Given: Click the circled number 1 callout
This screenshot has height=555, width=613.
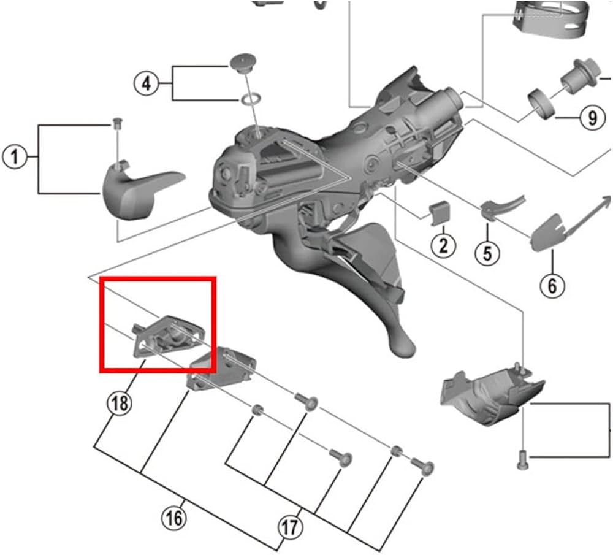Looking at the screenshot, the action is tap(15, 157).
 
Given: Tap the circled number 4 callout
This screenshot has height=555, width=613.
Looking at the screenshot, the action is tap(147, 83).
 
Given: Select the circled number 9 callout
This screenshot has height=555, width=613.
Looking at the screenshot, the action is tap(593, 118).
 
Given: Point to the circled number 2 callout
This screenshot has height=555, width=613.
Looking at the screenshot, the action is tap(443, 246).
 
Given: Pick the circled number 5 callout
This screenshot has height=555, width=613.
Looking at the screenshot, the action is tap(487, 253).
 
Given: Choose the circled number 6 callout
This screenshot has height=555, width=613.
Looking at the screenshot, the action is tap(552, 286).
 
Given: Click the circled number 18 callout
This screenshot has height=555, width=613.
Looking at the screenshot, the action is tap(120, 403).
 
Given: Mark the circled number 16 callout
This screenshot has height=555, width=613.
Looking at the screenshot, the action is tap(174, 519).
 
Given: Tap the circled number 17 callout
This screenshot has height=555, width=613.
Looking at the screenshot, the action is tap(291, 527).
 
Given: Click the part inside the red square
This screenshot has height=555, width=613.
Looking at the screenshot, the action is tap(168, 335).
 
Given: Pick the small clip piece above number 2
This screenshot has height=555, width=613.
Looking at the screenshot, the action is tap(439, 213).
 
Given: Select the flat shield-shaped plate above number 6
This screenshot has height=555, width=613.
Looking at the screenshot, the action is tap(549, 232).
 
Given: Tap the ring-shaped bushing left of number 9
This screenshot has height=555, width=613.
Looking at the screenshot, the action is tap(542, 104).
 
